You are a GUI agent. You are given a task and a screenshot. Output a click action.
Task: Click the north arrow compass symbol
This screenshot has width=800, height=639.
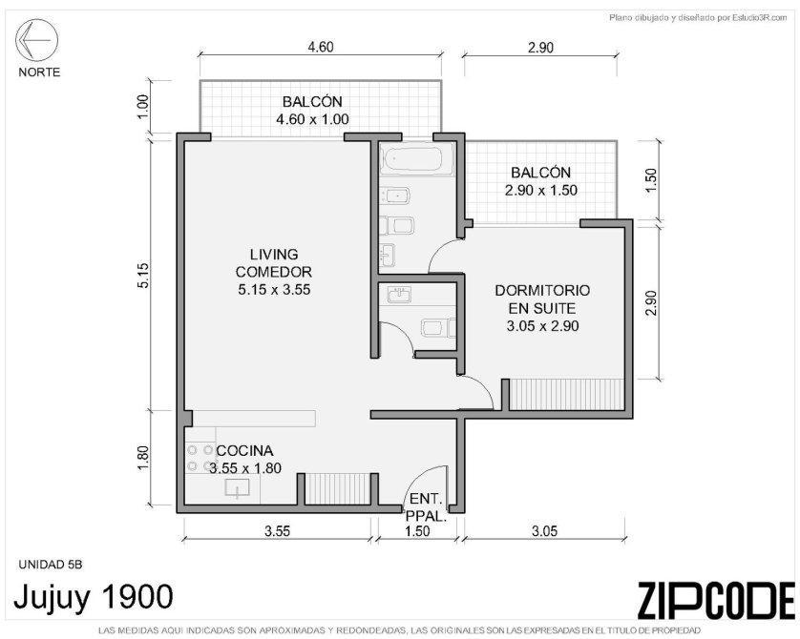(x=36, y=40)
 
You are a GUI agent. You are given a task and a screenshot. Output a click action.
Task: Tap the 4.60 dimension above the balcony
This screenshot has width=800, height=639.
(x=321, y=47)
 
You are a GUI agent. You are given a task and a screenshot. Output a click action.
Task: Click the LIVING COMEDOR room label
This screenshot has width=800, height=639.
(x=274, y=272)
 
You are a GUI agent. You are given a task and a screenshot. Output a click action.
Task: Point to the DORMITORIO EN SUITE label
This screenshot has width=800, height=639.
(x=542, y=308)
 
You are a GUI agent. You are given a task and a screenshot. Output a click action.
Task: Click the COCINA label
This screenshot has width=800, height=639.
(x=245, y=450)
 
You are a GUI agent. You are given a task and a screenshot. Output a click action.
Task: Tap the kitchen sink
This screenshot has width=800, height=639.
(x=238, y=487)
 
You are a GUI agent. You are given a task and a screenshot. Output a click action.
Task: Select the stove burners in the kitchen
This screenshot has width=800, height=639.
(x=200, y=458)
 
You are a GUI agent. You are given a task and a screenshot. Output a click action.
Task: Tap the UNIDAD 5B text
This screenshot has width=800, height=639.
(x=50, y=565)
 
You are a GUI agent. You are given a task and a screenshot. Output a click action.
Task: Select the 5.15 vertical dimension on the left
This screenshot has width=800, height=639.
(x=143, y=275)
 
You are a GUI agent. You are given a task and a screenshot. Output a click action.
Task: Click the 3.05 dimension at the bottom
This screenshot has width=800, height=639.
(x=544, y=531)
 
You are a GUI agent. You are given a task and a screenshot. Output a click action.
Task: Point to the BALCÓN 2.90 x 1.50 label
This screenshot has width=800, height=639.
(x=541, y=181)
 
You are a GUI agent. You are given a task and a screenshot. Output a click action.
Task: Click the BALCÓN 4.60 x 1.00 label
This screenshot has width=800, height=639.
(x=312, y=110)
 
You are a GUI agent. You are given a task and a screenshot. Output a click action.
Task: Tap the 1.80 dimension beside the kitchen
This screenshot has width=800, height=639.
(x=143, y=459)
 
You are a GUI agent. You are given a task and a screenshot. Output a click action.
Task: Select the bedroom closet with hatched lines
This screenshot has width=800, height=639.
(x=567, y=394)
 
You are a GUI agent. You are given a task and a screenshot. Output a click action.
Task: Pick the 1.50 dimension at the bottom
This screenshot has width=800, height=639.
(x=417, y=531)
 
